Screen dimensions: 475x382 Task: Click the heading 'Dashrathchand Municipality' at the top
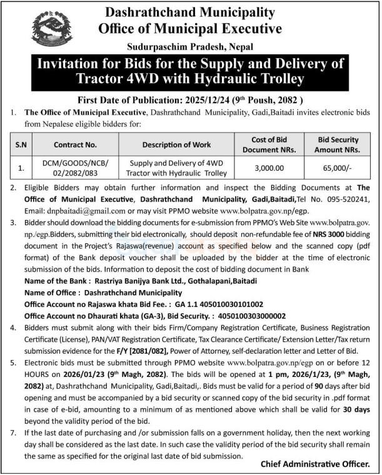pos(191,12)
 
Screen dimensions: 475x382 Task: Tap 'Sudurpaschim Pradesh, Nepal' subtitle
pos(190,46)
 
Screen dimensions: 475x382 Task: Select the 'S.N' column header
pos(22,144)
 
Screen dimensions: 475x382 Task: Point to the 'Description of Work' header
pos(176,144)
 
